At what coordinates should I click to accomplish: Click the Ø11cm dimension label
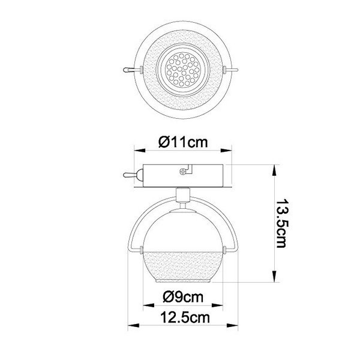pos(183,143)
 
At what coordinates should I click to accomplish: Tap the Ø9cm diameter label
pos(183,297)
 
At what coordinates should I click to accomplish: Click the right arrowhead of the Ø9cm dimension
pos(220,307)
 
